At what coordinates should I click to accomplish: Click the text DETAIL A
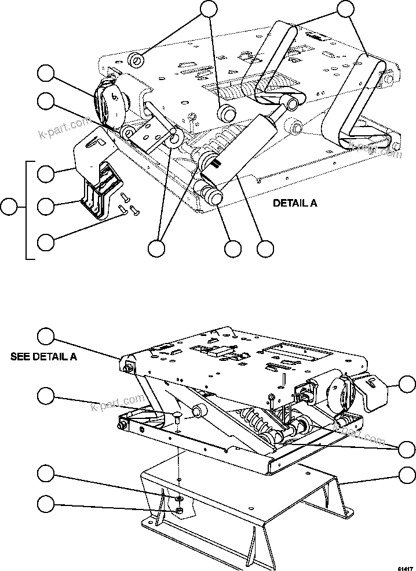click(294, 204)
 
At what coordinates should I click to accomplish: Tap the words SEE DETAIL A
click(44, 356)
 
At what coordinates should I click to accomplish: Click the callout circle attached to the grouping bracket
click(9, 207)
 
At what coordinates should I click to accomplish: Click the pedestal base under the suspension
click(243, 511)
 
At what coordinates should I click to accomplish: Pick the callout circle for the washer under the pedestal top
click(46, 474)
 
